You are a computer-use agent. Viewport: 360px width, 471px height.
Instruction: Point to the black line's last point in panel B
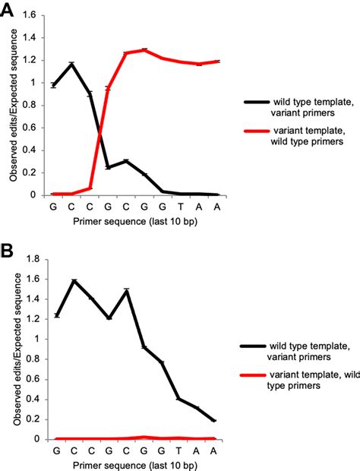(216, 421)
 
